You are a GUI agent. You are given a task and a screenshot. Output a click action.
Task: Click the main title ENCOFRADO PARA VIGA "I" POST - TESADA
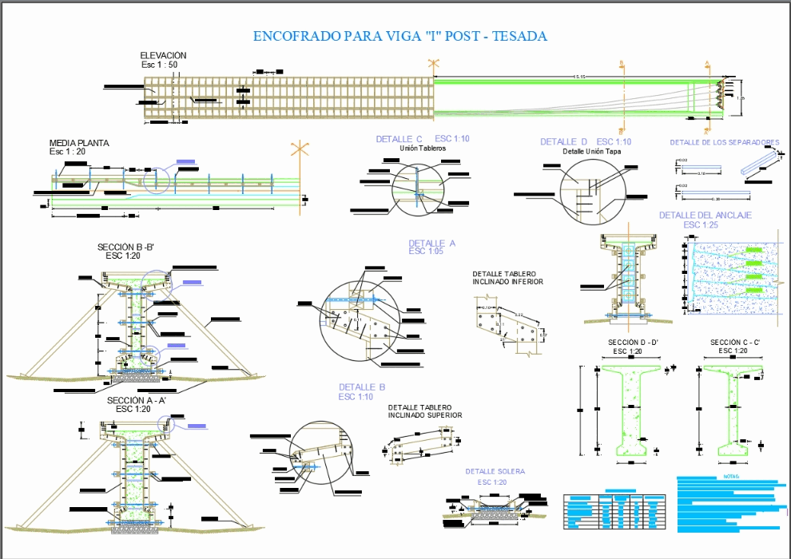[x=399, y=36]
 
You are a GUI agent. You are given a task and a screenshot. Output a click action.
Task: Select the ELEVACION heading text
[x=163, y=56]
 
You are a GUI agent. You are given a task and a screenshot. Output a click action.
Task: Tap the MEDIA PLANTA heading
[x=79, y=144]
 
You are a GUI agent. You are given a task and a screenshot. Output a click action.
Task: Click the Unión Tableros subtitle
[x=423, y=149]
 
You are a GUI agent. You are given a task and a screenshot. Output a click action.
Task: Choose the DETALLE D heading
[x=563, y=141]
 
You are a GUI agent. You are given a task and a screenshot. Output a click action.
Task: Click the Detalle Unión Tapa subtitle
[x=591, y=151]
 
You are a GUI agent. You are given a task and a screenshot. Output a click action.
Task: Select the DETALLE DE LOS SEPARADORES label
[x=724, y=143]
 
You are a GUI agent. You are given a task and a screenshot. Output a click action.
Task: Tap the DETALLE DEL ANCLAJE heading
[x=705, y=216]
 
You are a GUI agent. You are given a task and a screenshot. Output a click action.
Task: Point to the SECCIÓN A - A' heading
[x=136, y=400]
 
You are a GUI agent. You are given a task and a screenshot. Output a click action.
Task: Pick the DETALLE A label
[x=431, y=244]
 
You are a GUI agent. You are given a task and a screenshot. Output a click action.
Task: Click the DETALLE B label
[x=362, y=387]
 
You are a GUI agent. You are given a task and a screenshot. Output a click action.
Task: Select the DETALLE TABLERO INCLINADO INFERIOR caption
[x=507, y=278]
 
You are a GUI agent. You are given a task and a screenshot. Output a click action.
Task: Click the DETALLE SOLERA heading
[x=495, y=472]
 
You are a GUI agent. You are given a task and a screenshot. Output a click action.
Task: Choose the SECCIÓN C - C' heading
[x=734, y=343]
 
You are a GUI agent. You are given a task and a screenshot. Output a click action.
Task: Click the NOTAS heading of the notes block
[x=731, y=477]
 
